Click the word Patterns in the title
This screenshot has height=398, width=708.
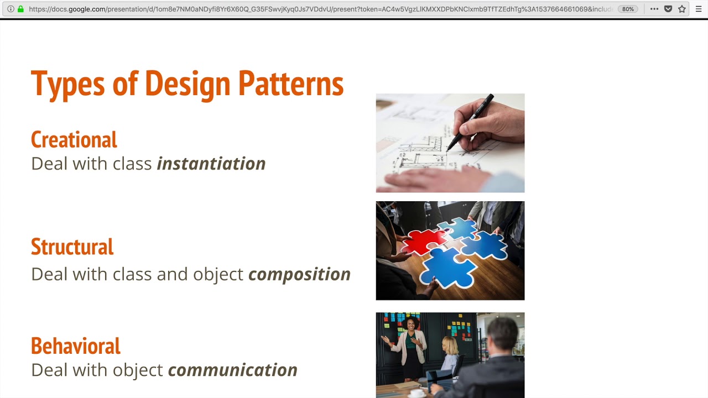point(291,84)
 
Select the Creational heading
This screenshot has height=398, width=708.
point(74,140)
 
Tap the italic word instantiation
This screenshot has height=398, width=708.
point(211,164)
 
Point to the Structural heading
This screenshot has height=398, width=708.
point(72,247)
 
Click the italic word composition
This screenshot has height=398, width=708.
point(299,274)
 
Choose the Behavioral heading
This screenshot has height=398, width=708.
point(76,346)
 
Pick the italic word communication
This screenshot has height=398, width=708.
point(232,370)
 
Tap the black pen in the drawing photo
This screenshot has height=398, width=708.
point(470,122)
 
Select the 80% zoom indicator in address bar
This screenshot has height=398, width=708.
point(628,9)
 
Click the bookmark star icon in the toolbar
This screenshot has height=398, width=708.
point(682,9)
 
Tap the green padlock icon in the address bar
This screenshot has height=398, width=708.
point(20,9)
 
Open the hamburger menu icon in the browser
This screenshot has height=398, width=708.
point(699,9)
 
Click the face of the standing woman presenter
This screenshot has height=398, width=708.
point(412,324)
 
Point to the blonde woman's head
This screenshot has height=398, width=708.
point(450,345)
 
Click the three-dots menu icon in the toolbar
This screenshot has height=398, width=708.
point(654,9)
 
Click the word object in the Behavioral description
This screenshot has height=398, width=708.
point(138,370)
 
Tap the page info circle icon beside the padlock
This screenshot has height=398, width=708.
point(11,9)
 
